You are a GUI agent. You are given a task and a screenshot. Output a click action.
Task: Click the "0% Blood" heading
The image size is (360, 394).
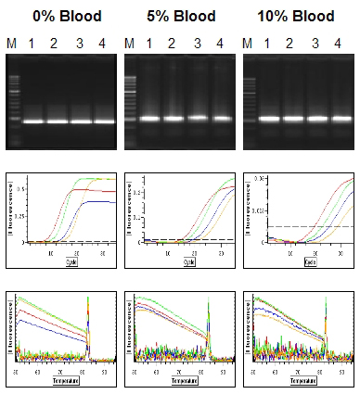click(61, 16)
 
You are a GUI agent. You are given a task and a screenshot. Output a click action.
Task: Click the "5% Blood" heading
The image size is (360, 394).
click(181, 16)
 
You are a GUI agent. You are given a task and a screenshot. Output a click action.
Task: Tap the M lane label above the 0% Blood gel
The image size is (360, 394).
click(12, 44)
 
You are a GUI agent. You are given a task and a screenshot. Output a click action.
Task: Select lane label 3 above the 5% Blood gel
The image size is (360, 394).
click(196, 44)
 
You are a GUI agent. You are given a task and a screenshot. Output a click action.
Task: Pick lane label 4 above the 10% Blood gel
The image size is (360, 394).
click(341, 44)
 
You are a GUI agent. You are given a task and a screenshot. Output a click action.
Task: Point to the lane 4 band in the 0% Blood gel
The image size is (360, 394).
click(102, 121)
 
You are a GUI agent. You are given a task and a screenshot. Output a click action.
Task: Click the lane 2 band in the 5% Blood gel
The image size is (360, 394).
click(174, 118)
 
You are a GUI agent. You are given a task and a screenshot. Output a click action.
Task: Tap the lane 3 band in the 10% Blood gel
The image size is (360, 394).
click(317, 119)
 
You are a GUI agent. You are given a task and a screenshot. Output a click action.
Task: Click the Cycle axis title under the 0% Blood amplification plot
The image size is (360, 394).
click(71, 262)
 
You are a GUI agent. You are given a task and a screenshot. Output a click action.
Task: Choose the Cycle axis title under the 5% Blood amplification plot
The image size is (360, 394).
click(188, 262)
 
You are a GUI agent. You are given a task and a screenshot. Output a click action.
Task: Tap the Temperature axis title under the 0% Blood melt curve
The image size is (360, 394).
click(70, 381)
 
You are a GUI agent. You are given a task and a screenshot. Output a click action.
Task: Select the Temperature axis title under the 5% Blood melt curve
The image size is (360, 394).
click(188, 381)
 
